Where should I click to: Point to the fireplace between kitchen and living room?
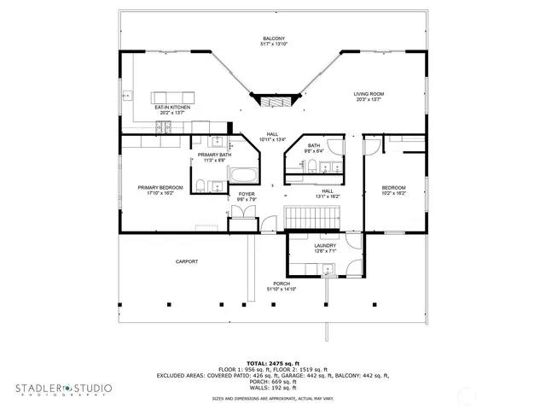273,99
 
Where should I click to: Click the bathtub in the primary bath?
242,177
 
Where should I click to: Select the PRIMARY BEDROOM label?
160,187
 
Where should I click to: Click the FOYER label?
247,195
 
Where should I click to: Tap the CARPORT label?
187,261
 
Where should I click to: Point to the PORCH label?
282,284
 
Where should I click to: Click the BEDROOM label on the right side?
393,188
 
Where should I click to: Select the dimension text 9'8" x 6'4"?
314,151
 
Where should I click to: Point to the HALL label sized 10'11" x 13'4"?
273,134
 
